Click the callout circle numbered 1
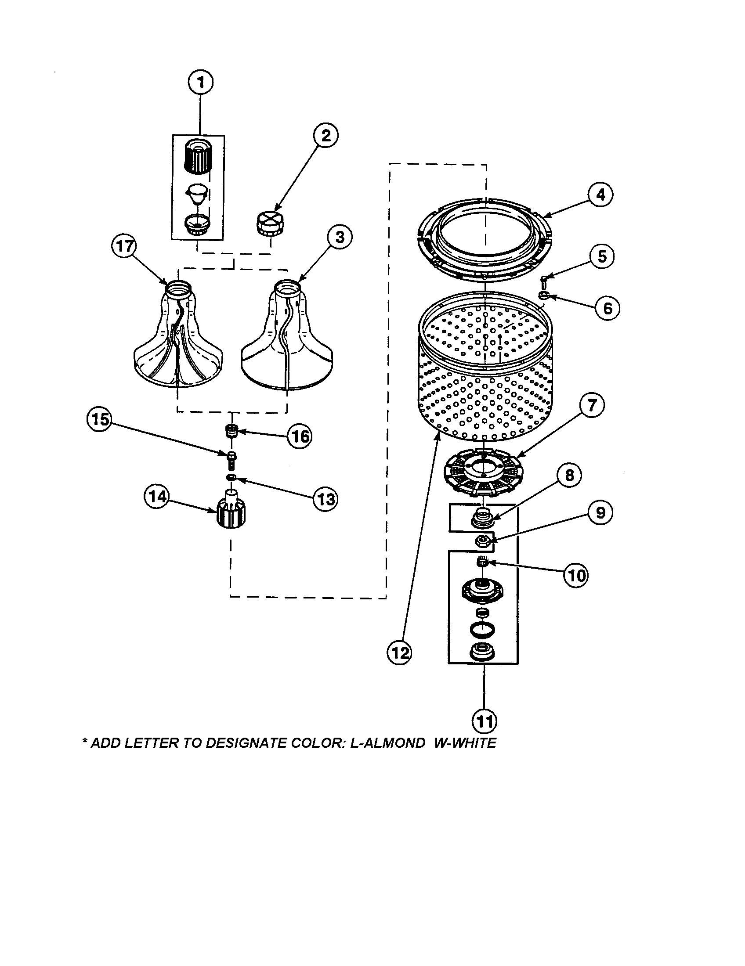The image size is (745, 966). click(200, 83)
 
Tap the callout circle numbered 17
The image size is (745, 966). click(124, 246)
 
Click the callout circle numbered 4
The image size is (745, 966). click(600, 195)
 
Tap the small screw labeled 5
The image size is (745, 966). click(544, 281)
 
